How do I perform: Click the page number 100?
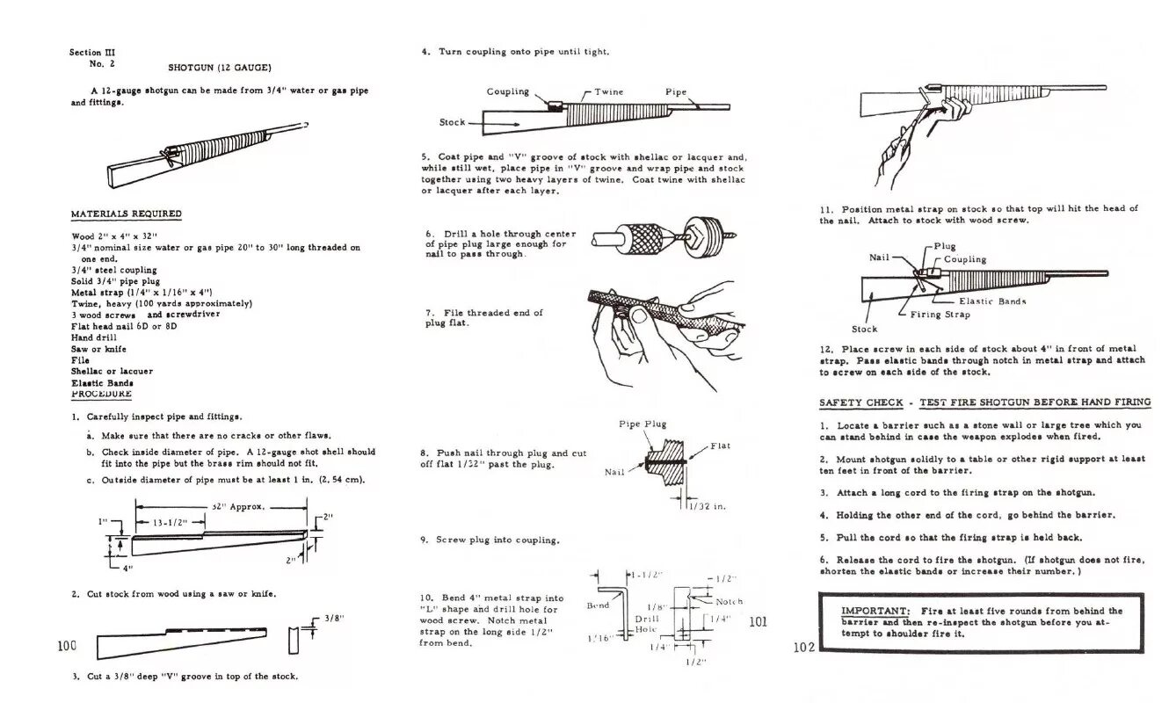point(68,646)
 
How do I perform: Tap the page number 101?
point(759,621)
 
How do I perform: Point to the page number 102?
point(804,648)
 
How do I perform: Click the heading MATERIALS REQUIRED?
point(127,214)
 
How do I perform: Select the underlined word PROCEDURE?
point(101,394)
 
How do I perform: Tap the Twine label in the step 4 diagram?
point(609,91)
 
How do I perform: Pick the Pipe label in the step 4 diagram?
point(676,91)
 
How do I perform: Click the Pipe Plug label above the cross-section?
point(643,424)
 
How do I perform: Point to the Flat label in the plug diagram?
point(720,446)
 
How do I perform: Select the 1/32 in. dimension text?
point(708,506)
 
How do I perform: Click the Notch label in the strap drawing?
point(729,602)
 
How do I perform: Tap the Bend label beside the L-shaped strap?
point(598,605)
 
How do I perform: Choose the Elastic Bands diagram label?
point(992,301)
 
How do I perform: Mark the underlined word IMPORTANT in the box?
point(875,611)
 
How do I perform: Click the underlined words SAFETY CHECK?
point(860,402)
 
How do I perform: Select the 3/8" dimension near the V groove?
point(332,618)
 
